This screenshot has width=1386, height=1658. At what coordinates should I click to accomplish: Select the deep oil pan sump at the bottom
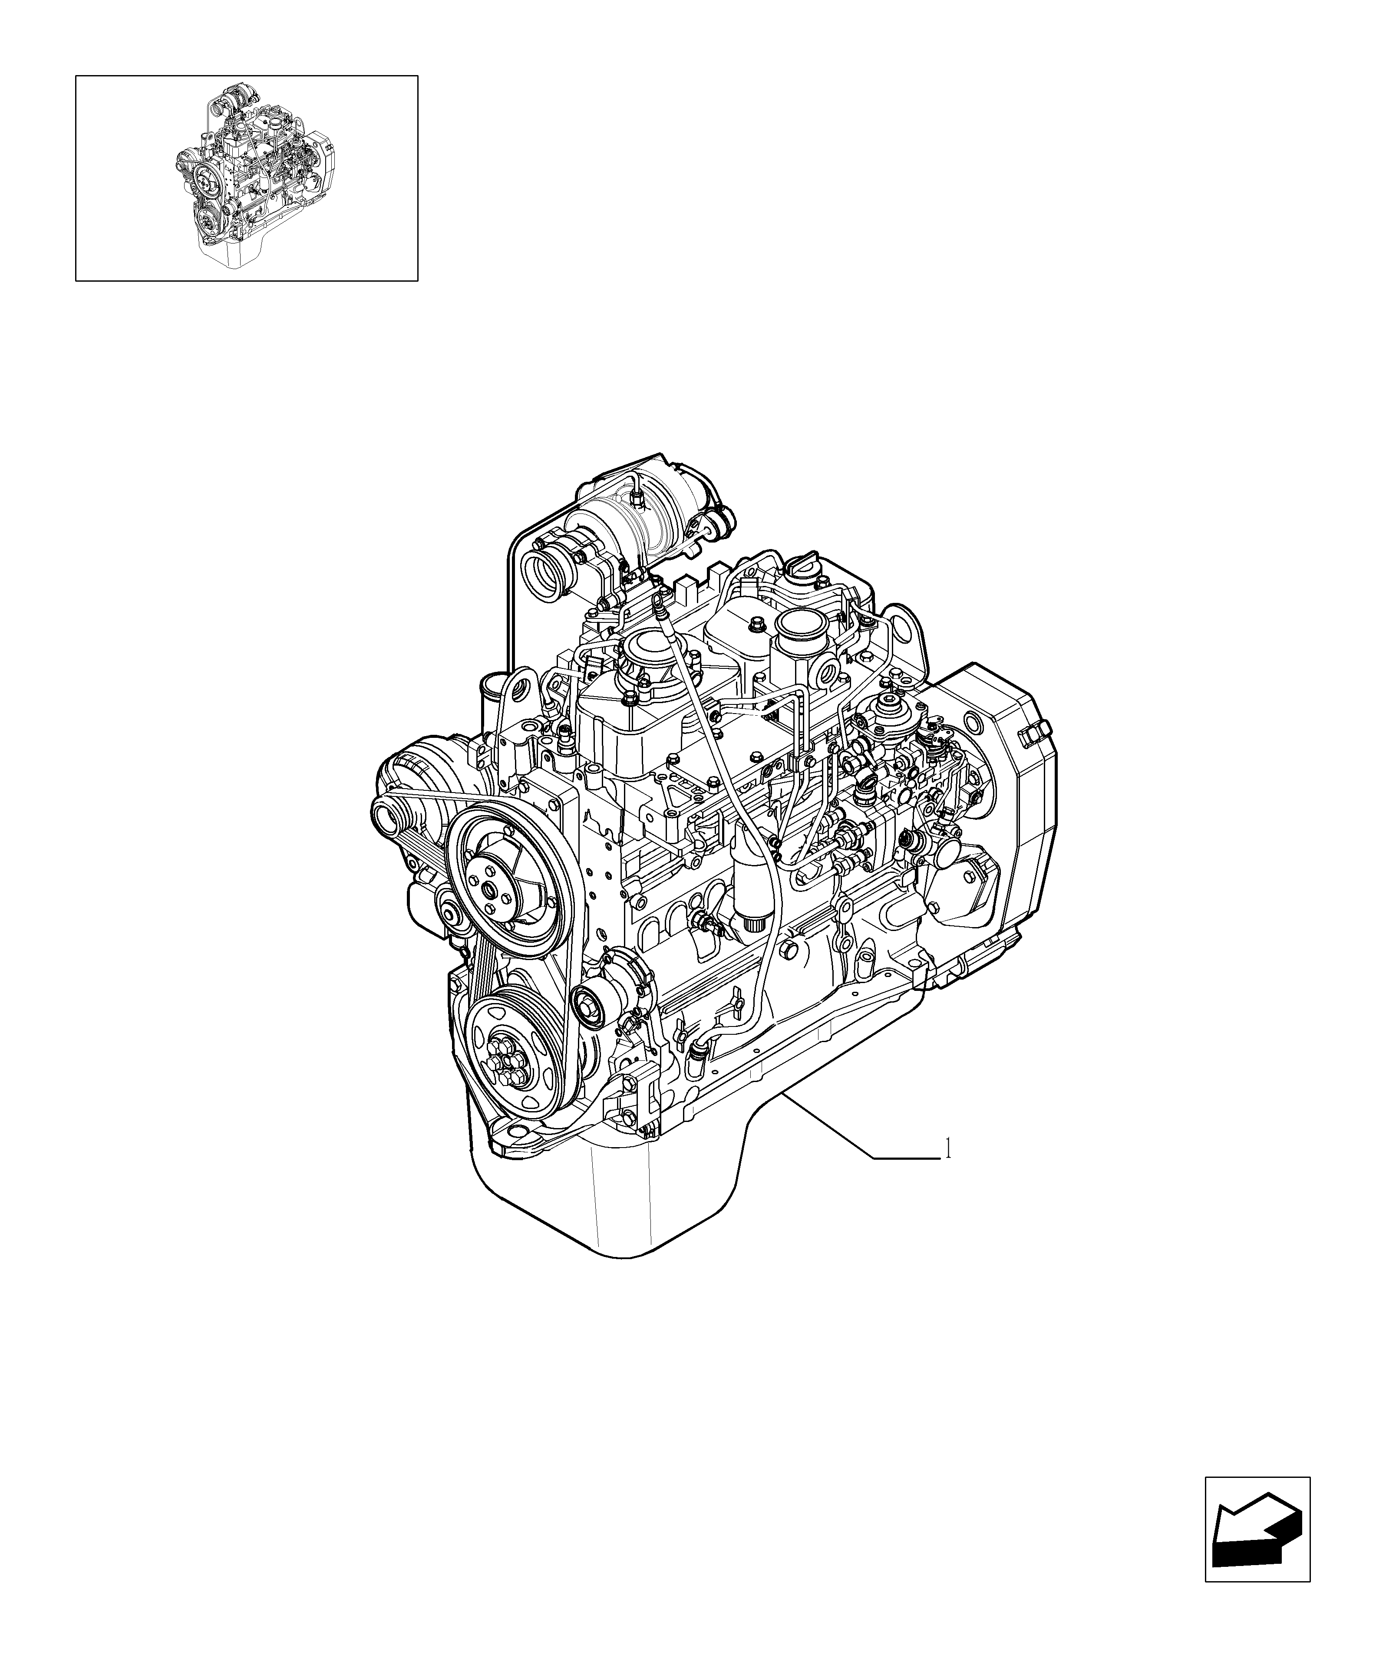point(608,1208)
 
